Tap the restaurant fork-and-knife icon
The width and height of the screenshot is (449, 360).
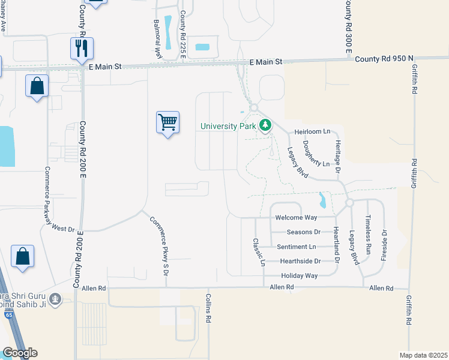click(82, 48)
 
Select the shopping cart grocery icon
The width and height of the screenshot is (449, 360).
click(167, 122)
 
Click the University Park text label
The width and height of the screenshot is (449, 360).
click(228, 126)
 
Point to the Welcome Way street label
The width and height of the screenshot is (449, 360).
click(297, 217)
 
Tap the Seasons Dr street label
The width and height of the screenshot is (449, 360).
click(304, 232)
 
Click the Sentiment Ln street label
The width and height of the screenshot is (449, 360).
click(296, 247)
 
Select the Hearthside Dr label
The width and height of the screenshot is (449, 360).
click(301, 261)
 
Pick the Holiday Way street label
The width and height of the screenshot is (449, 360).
click(300, 275)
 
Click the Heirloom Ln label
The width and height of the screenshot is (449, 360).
click(312, 131)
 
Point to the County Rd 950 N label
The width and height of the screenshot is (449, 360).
click(384, 58)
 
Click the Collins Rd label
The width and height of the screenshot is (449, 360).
click(208, 311)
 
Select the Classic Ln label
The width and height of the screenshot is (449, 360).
click(259, 252)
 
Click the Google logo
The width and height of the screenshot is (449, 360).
click(20, 353)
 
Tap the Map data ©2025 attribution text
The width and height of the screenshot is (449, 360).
click(423, 355)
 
